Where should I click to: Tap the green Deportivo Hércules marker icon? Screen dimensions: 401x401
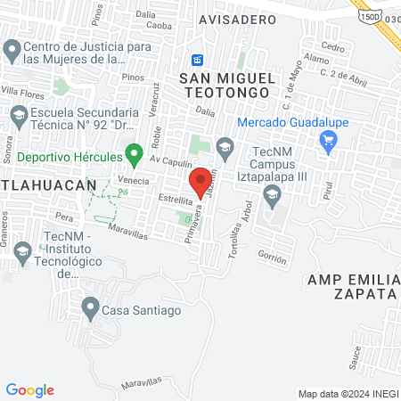tap(135, 155)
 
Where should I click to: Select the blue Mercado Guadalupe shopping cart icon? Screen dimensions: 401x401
tap(328, 140)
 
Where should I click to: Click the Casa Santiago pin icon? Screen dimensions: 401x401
tap(90, 309)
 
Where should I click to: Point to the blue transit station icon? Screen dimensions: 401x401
tap(198, 60)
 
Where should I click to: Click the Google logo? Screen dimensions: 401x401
tap(29, 390)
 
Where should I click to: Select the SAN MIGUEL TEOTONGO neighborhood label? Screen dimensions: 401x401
tap(233, 86)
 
